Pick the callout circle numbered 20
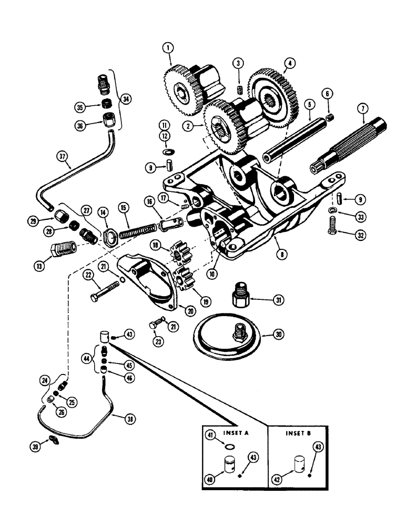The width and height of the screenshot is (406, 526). (x=190, y=311)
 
